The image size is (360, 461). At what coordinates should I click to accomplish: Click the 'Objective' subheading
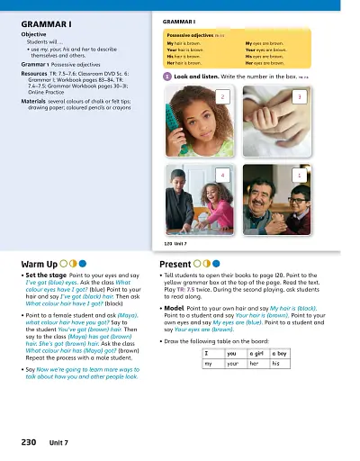(x=33, y=33)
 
